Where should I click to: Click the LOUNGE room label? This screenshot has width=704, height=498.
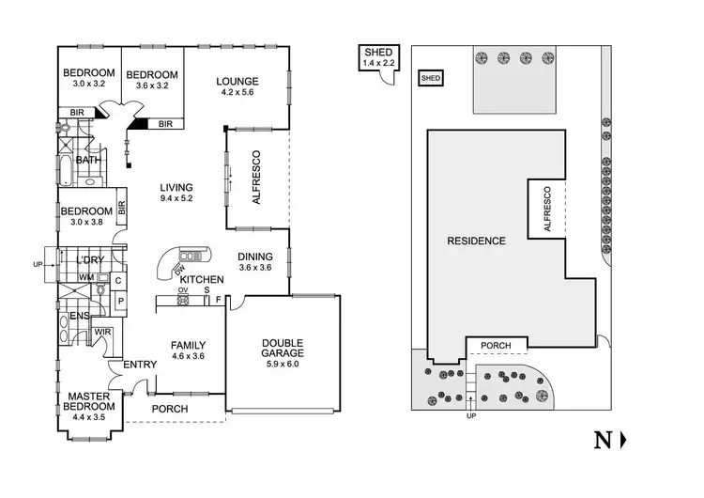point(237,81)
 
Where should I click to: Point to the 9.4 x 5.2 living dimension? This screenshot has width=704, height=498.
point(176,198)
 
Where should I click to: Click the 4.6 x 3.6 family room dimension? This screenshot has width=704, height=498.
point(188,357)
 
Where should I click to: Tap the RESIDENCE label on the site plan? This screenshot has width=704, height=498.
point(476,241)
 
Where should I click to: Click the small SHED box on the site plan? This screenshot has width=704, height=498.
point(432,78)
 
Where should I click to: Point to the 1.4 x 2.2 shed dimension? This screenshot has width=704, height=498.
point(380,63)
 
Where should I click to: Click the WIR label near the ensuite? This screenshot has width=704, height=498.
point(102,331)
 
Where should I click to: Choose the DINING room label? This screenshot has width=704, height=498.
point(255,257)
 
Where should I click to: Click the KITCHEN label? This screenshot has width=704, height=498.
point(201,280)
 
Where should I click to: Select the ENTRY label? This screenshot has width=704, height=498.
point(127,366)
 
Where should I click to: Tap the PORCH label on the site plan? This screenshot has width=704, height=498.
point(496,346)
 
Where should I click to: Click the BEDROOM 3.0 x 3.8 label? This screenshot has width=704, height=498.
point(87,211)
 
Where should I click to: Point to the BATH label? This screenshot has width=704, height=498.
point(88,160)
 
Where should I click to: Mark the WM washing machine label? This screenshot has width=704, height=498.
point(85,277)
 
